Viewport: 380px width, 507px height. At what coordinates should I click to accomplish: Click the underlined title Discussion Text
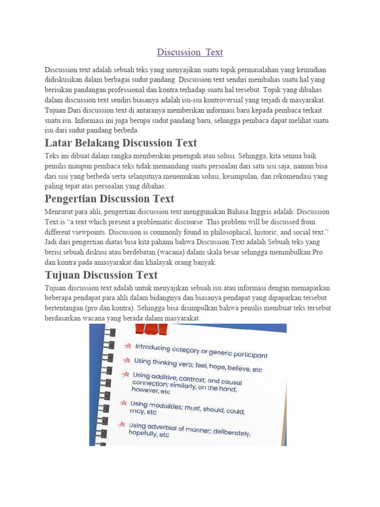click(190, 52)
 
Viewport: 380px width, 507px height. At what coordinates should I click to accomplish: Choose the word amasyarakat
click(125, 262)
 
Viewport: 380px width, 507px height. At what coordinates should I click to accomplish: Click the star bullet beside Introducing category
click(128, 345)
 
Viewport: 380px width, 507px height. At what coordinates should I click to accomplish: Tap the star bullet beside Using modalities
click(123, 403)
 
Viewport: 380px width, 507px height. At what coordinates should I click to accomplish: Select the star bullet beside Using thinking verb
click(127, 359)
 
